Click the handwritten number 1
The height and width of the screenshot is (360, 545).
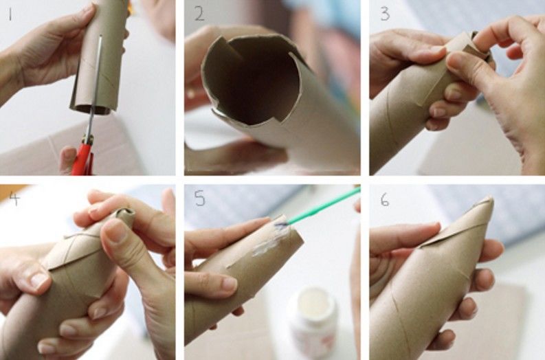[10, 14]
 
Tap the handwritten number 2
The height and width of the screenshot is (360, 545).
[199, 14]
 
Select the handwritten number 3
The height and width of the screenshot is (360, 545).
[385, 14]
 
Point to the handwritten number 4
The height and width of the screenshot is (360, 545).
[15, 198]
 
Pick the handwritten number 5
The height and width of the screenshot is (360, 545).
[200, 199]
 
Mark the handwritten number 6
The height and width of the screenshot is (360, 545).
[384, 199]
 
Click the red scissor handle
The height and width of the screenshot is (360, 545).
[82, 159]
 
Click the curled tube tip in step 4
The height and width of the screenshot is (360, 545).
[125, 214]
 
